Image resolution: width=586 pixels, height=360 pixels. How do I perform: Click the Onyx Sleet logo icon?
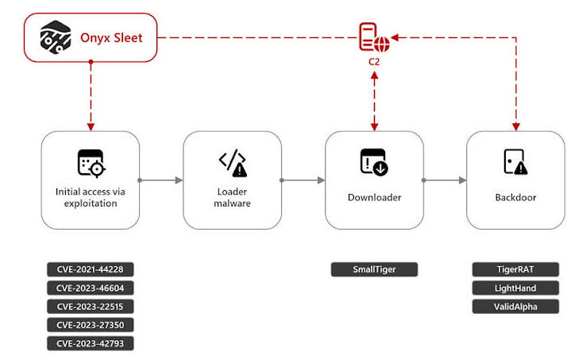(x=56, y=37)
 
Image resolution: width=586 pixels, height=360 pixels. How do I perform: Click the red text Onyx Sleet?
(x=111, y=38)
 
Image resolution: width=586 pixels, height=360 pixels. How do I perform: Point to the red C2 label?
(x=374, y=62)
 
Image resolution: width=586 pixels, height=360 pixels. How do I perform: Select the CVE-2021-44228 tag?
(x=90, y=269)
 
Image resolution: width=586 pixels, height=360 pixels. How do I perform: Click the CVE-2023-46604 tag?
(x=90, y=288)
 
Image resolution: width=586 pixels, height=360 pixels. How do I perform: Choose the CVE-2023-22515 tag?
(x=90, y=307)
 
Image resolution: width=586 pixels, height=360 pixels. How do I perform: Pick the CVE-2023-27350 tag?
(x=90, y=325)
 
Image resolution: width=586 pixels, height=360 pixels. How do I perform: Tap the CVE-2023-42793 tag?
(x=90, y=343)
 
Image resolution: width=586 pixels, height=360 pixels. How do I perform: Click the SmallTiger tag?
(x=374, y=269)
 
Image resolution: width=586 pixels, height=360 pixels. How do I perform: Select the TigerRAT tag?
(x=515, y=269)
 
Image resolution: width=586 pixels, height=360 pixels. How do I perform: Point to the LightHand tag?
(x=515, y=288)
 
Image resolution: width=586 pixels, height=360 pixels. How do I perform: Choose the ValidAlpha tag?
(x=515, y=307)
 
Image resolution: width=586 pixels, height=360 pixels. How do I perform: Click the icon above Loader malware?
(x=233, y=163)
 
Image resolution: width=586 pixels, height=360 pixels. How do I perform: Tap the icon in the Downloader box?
(x=374, y=162)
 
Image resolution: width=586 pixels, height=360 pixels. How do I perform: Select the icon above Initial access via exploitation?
(x=91, y=163)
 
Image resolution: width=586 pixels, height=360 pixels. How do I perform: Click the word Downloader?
(x=375, y=197)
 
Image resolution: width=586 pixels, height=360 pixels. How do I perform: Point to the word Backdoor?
(x=516, y=197)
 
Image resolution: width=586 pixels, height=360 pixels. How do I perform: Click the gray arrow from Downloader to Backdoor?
(x=445, y=180)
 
